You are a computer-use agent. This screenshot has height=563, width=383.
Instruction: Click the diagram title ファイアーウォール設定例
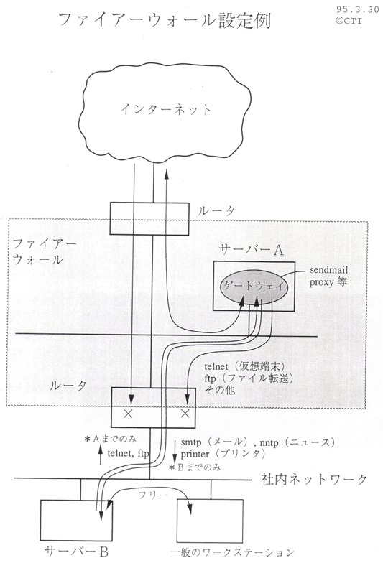(x=164, y=20)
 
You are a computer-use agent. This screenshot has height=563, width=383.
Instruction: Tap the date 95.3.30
(x=358, y=9)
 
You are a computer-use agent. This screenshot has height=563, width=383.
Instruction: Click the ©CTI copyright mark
(x=349, y=21)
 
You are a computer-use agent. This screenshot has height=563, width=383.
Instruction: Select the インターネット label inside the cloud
(x=166, y=109)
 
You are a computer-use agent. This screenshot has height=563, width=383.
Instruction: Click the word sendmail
(x=329, y=270)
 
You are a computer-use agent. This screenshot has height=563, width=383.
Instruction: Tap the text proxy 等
(x=328, y=282)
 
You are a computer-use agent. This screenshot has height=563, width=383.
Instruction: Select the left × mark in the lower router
(x=128, y=414)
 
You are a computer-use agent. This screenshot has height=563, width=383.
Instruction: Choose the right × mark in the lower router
(x=185, y=414)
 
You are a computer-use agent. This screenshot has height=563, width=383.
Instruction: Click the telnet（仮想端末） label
(x=244, y=366)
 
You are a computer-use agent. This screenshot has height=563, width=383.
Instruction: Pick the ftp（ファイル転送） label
(x=249, y=378)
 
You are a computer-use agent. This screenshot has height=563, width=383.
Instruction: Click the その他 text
(x=220, y=389)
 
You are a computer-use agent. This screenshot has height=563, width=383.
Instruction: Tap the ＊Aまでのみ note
(x=111, y=439)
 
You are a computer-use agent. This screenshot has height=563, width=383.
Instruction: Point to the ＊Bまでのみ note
(x=195, y=467)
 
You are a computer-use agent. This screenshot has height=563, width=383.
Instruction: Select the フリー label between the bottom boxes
(x=152, y=495)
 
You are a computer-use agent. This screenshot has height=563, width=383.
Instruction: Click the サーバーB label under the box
(x=76, y=552)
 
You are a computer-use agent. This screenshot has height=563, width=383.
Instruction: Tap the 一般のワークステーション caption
(x=233, y=552)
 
